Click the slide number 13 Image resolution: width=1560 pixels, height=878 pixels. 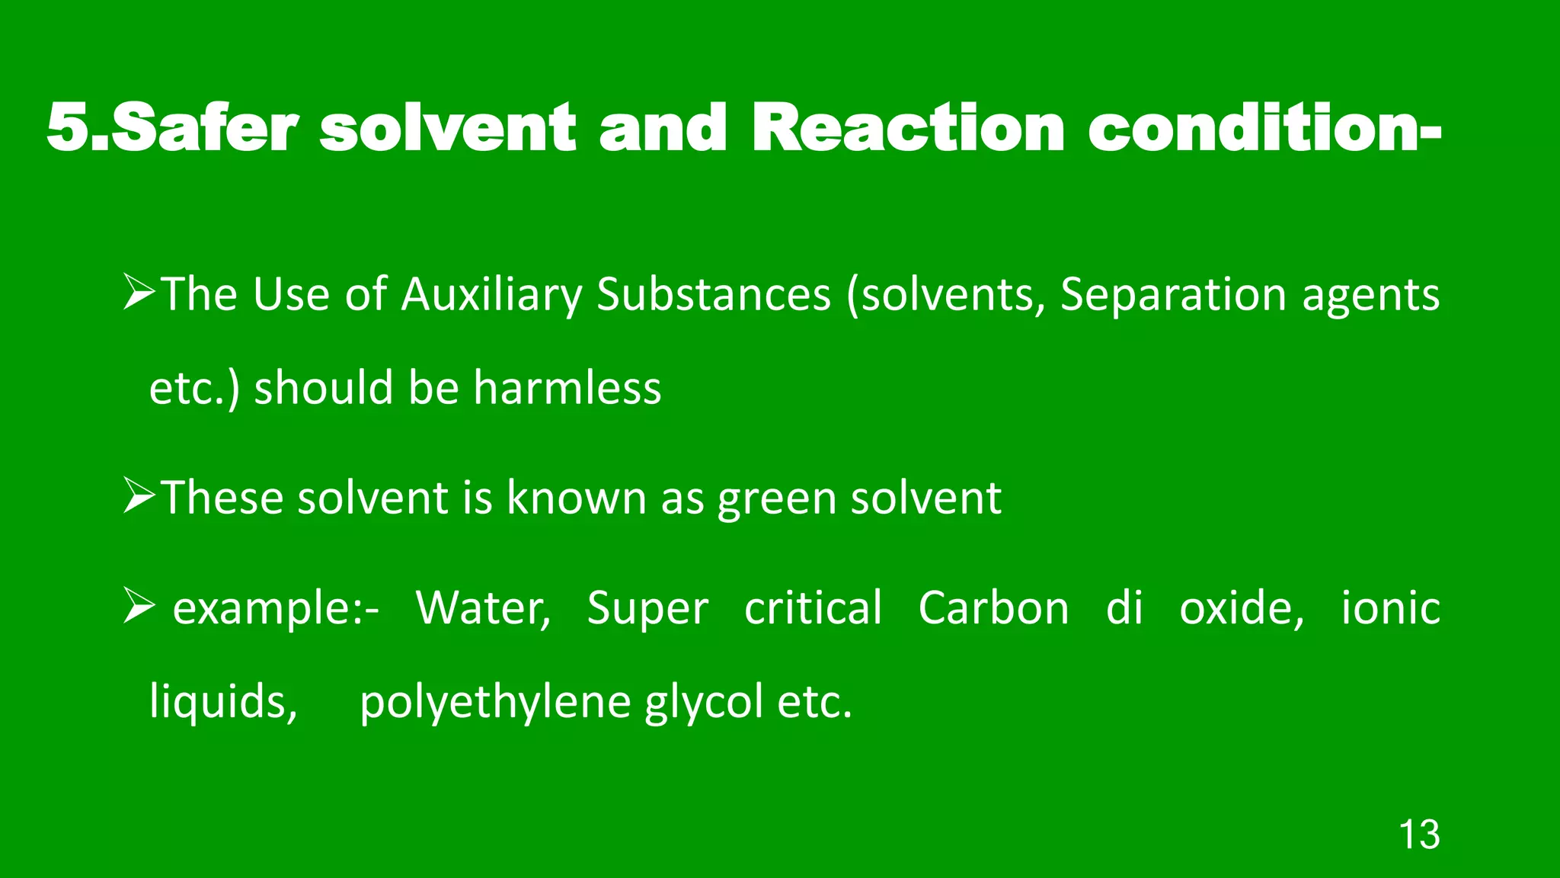(1419, 835)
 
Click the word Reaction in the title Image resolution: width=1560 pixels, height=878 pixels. (907, 128)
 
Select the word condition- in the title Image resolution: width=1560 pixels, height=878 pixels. (1264, 128)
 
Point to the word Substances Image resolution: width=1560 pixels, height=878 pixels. (714, 295)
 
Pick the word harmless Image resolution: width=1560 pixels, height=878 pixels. (567, 388)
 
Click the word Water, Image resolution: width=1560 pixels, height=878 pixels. (484, 609)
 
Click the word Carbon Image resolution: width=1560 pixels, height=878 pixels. (993, 609)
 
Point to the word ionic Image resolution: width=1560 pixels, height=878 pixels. (1390, 609)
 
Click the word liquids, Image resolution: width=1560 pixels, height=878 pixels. (223, 702)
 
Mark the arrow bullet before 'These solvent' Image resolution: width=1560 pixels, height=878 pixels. (139, 498)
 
